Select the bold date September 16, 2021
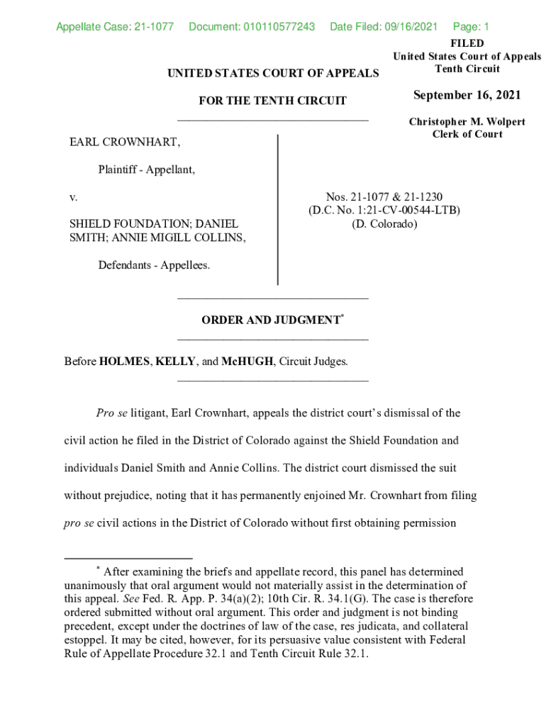(467, 95)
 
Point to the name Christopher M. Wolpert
(467, 122)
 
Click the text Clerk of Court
(467, 134)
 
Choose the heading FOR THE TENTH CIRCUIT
(272, 101)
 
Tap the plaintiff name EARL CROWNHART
(125, 143)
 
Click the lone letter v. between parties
(73, 196)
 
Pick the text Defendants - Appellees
(154, 265)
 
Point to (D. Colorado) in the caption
(384, 223)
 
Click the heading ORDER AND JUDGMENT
(270, 320)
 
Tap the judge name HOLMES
(125, 362)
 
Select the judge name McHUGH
(247, 362)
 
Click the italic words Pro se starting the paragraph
(112, 413)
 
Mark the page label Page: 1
(471, 27)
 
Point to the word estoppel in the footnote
(86, 640)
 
